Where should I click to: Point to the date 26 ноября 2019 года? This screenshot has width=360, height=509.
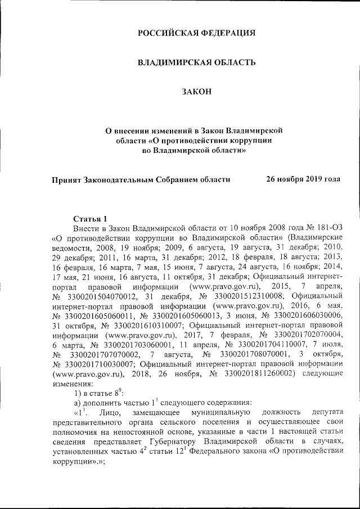[303, 179]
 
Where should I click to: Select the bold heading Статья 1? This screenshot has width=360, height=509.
[90, 218]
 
